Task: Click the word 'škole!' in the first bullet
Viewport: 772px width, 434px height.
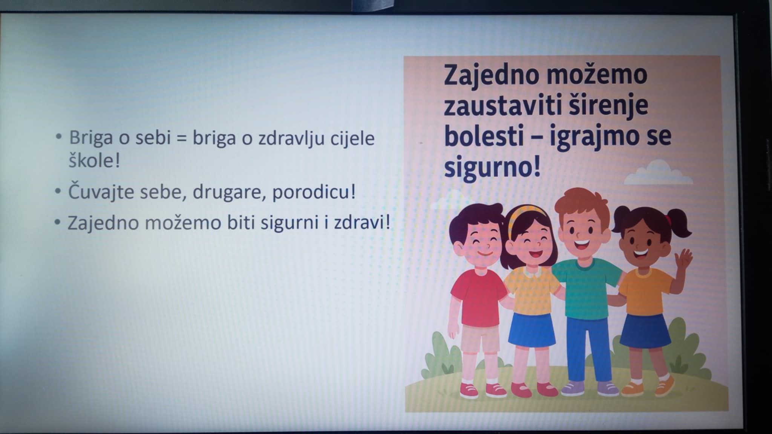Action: pyautogui.click(x=94, y=161)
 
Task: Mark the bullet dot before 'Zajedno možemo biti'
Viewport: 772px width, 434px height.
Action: pyautogui.click(x=57, y=222)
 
